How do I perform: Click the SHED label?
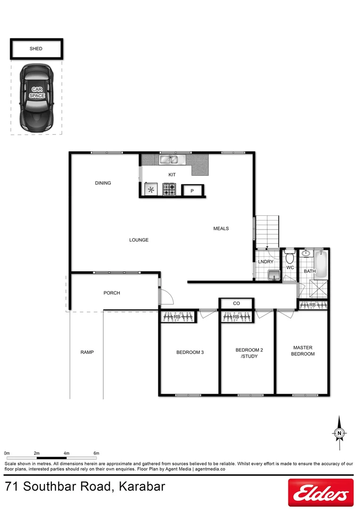pyautogui.click(x=36, y=49)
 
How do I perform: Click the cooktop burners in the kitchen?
pyautogui.click(x=169, y=189)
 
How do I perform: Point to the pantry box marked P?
pyautogui.click(x=192, y=191)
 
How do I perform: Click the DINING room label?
pyautogui.click(x=103, y=183)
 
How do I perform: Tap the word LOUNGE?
pyautogui.click(x=139, y=240)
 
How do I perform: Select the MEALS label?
pyautogui.click(x=221, y=229)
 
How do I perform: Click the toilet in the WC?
pyautogui.click(x=290, y=257)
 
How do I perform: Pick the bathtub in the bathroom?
pyautogui.click(x=320, y=265)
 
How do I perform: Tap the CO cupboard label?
pyautogui.click(x=237, y=304)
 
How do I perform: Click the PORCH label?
pyautogui.click(x=112, y=293)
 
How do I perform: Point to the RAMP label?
pyautogui.click(x=87, y=352)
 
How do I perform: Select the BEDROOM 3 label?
pyautogui.click(x=190, y=352)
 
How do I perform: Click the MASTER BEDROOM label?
pyautogui.click(x=303, y=351)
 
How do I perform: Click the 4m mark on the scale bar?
pyautogui.click(x=66, y=453)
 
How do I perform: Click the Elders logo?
pyautogui.click(x=320, y=493)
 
